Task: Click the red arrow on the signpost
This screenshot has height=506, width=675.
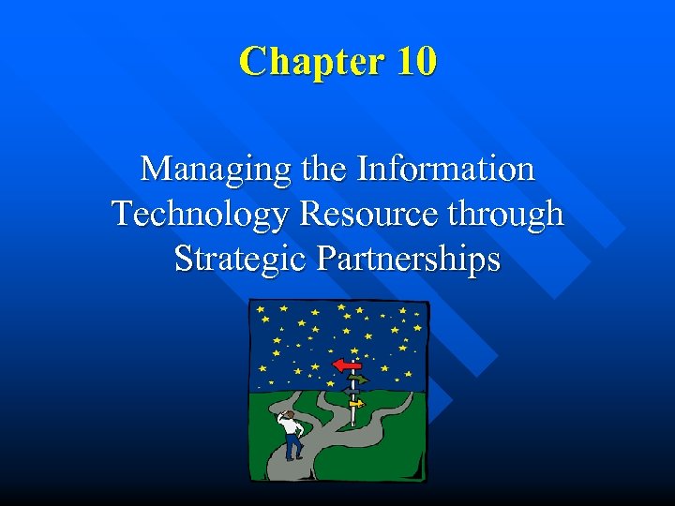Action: pyautogui.click(x=346, y=365)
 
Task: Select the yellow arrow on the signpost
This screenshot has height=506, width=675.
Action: pyautogui.click(x=356, y=403)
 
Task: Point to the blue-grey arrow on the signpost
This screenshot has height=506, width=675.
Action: pyautogui.click(x=351, y=391)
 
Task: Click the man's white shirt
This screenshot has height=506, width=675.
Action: pyautogui.click(x=291, y=425)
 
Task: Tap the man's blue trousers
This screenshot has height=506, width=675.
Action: pyautogui.click(x=293, y=446)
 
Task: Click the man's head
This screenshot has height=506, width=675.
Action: pyautogui.click(x=291, y=413)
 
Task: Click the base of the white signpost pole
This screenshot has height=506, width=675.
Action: pyautogui.click(x=352, y=424)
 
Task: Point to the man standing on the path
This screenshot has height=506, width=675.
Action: pyautogui.click(x=292, y=434)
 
